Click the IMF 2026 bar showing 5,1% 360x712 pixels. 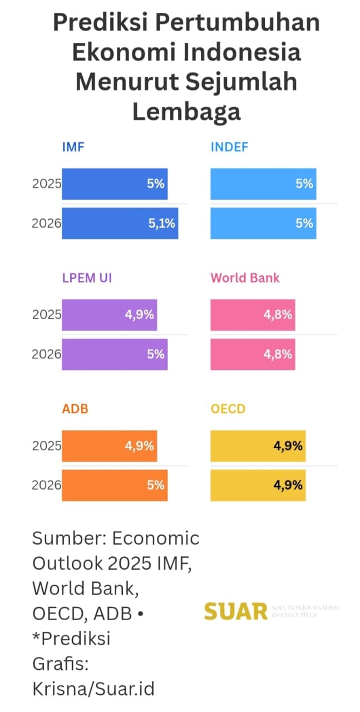coord(120,223)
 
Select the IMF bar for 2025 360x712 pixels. coord(114,184)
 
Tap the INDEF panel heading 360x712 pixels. coord(229,147)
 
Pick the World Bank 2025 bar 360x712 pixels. coord(253,315)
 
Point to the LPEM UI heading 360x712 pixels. coord(87,278)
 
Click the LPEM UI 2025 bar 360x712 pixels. coord(109,315)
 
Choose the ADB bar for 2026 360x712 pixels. coord(114,485)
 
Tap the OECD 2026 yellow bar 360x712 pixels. coord(258,485)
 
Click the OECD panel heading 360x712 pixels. coord(228,409)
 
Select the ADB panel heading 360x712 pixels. coord(75,409)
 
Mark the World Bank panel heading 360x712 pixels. coord(245,278)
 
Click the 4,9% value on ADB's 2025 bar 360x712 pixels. coord(139,446)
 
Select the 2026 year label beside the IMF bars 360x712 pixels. coord(46,224)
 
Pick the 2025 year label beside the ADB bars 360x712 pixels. coord(46,446)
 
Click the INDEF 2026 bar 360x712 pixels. coord(263,223)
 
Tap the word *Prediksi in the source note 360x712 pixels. coord(71,638)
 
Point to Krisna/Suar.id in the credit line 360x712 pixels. coord(93,689)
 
